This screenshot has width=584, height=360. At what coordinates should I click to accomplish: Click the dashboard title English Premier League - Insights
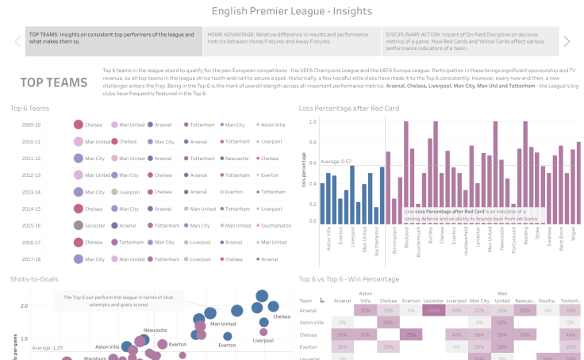pyautogui.click(x=292, y=11)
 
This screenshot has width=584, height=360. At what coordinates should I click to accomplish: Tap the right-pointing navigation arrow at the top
pyautogui.click(x=567, y=41)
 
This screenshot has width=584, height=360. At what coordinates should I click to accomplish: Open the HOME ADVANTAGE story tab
pyautogui.click(x=290, y=41)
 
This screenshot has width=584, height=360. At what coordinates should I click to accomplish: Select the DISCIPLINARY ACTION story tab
pyautogui.click(x=469, y=41)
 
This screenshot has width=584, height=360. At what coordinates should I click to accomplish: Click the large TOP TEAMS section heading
pyautogui.click(x=54, y=82)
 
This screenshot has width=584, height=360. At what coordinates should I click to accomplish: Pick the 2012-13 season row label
pyautogui.click(x=32, y=174)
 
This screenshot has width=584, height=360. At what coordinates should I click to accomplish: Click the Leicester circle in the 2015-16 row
pyautogui.click(x=78, y=225)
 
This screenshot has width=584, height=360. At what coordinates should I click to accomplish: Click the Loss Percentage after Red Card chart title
pyautogui.click(x=349, y=107)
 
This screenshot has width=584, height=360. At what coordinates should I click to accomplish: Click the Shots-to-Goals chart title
pyautogui.click(x=36, y=279)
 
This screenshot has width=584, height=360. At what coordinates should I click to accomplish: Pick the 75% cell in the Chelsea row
pyautogui.click(x=409, y=335)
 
